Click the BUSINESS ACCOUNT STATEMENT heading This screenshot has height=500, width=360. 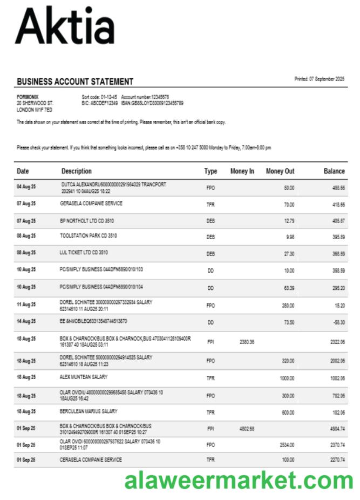(75, 82)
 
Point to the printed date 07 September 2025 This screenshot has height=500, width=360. (319, 79)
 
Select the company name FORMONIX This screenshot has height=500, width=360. (28, 97)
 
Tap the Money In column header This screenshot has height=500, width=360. (242, 171)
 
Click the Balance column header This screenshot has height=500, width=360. (334, 171)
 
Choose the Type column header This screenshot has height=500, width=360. (210, 171)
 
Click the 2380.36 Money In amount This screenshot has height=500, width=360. (246, 342)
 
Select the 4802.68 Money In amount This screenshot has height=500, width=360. (246, 429)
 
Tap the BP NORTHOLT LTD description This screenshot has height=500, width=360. (87, 221)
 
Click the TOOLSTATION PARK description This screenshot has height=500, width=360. (89, 236)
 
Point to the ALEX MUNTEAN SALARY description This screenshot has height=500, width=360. (84, 377)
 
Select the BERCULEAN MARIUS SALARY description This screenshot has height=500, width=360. (89, 411)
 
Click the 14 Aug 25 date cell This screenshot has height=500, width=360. (26, 322)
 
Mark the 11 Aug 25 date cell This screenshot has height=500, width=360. (26, 305)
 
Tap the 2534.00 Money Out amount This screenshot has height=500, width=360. (287, 445)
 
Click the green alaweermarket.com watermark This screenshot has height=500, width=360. (239, 480)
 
